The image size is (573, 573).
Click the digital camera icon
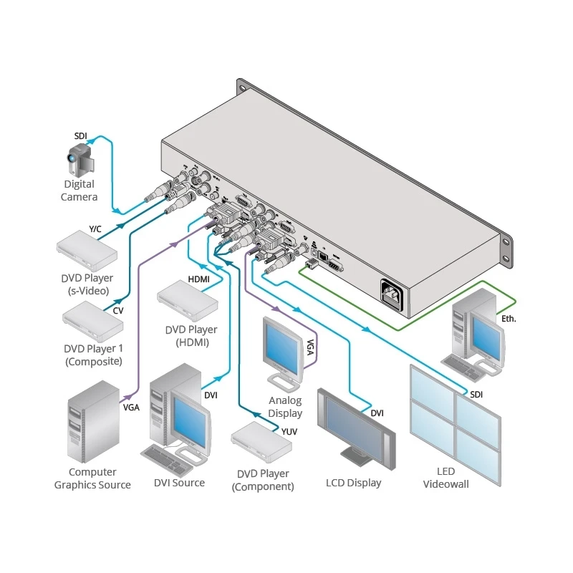click(81, 160)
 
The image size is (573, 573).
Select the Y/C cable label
click(95, 228)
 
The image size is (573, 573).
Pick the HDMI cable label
click(198, 279)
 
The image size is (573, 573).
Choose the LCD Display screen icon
click(356, 428)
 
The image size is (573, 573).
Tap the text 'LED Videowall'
click(446, 478)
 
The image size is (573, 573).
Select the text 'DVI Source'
click(179, 483)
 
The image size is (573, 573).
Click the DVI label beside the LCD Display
click(377, 413)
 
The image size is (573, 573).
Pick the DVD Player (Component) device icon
click(262, 442)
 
